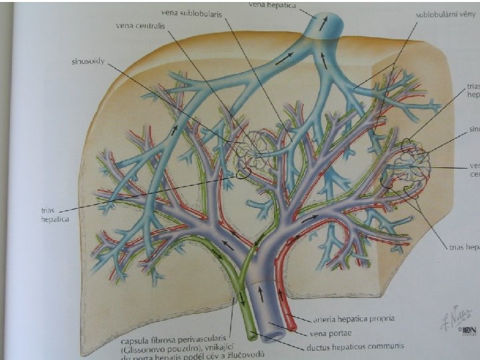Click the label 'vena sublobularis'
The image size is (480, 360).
tap(192, 12)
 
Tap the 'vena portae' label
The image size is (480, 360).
tap(331, 333)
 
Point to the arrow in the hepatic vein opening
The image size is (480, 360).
tap(324, 24)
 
